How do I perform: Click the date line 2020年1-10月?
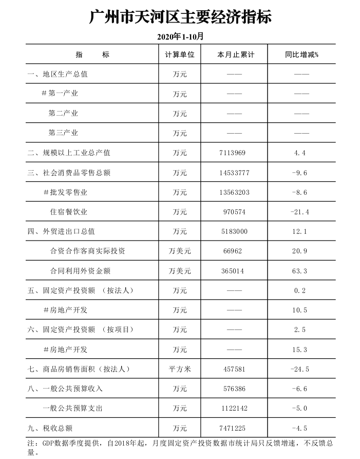(x=180, y=37)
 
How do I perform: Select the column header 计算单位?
(x=180, y=54)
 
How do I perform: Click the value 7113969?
(x=234, y=153)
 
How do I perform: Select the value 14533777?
(x=234, y=173)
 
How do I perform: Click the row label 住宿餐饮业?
(x=69, y=212)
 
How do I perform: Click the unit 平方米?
(x=180, y=369)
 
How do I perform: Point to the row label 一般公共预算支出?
(x=72, y=409)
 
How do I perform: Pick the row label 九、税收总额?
(x=54, y=428)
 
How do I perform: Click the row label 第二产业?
(x=63, y=114)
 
